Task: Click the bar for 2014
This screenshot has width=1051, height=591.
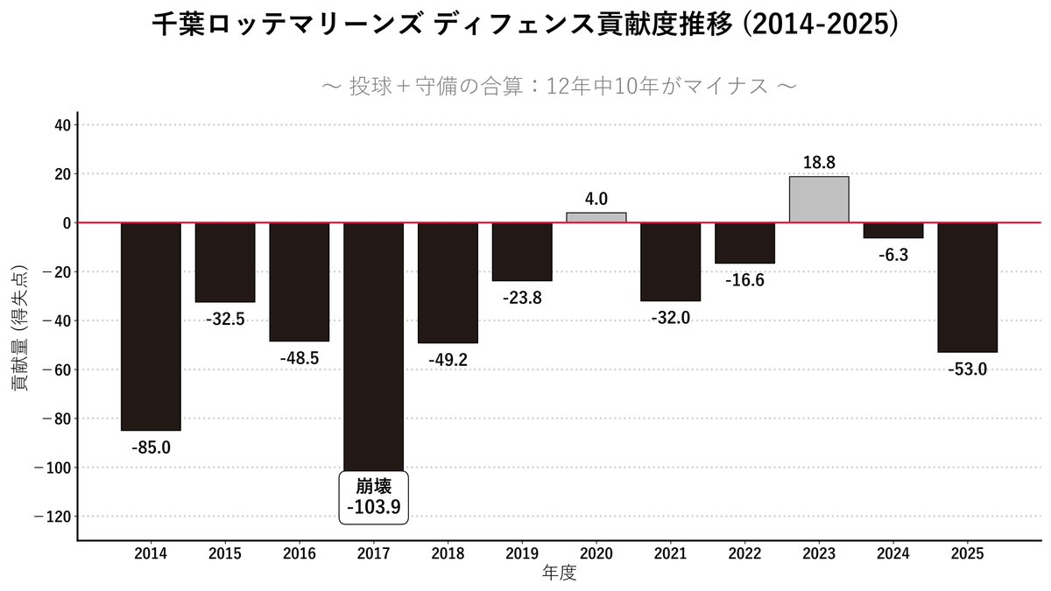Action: click(x=151, y=327)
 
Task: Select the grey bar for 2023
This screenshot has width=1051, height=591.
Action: click(x=819, y=200)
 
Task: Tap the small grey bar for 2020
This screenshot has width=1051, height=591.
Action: click(x=596, y=217)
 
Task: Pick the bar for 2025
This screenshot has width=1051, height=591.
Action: click(x=967, y=287)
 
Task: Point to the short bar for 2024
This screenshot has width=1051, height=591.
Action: click(x=893, y=230)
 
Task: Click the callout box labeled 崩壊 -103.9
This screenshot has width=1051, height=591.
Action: click(x=373, y=497)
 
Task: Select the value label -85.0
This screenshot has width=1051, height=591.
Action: click(x=151, y=447)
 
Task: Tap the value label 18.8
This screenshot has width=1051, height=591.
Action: click(x=819, y=162)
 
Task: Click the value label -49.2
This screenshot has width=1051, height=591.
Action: click(x=448, y=360)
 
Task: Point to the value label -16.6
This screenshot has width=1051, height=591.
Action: click(x=744, y=280)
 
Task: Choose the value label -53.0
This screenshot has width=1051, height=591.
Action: click(x=967, y=369)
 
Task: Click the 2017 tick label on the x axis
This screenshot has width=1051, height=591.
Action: click(x=373, y=554)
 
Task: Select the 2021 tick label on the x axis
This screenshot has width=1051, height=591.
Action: click(x=670, y=554)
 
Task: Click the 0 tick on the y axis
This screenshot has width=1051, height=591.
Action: click(x=65, y=223)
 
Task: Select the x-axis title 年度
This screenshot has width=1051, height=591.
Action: click(x=559, y=573)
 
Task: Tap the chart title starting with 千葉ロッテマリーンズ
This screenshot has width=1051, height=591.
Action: click(x=525, y=25)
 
